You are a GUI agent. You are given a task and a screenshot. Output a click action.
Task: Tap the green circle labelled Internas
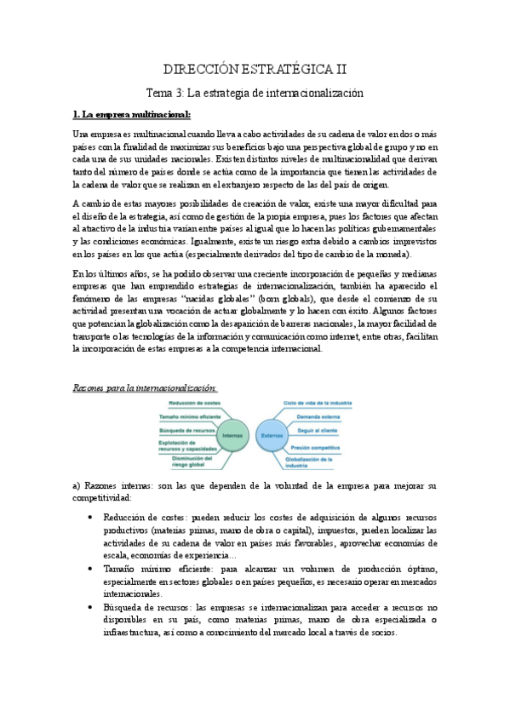[x=232, y=435]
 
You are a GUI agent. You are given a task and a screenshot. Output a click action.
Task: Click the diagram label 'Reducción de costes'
[x=183, y=403]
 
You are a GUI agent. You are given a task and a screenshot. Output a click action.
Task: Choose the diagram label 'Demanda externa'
[x=319, y=417]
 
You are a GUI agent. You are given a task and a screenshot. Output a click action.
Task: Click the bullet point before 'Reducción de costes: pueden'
[x=91, y=517]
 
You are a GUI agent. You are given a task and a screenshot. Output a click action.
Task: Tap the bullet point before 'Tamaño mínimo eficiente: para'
[x=91, y=568]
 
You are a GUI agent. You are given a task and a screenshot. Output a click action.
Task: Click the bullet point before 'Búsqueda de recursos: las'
[x=91, y=607]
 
